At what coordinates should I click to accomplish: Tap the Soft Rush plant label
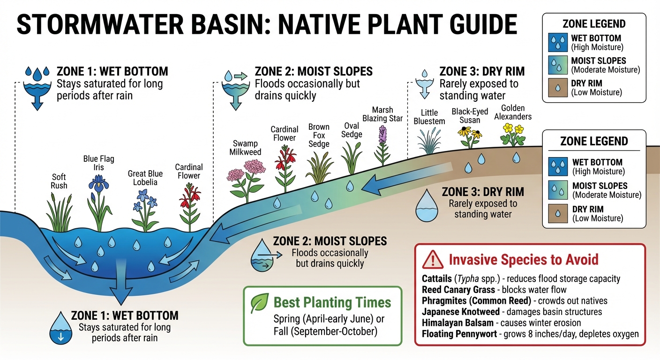click(x=59, y=181)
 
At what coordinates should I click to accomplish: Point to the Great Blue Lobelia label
click(x=145, y=178)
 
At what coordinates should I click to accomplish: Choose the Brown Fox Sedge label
click(x=319, y=135)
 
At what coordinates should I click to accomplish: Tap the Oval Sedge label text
click(x=352, y=130)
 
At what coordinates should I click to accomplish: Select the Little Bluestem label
click(x=429, y=117)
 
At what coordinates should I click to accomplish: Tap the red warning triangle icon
click(x=432, y=259)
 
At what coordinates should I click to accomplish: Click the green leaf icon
click(x=259, y=302)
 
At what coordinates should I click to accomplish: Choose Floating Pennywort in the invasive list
click(x=457, y=333)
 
